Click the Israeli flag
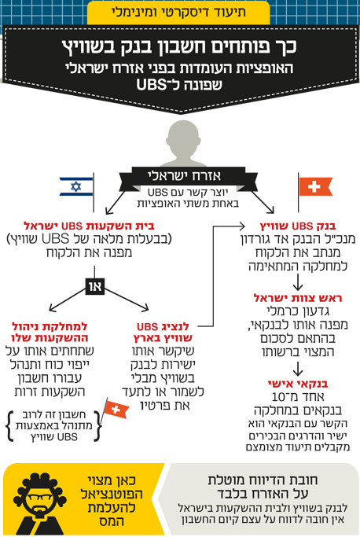coord(76,186)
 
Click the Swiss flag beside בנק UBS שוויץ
coord(315,186)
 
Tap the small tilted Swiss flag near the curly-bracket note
coord(116,409)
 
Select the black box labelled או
coord(94,287)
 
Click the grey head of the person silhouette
coord(184,138)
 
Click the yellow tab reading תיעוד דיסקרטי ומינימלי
coord(178,13)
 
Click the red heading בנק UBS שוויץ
coord(298,226)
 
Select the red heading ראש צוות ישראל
coord(298,298)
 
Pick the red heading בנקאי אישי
coord(298,384)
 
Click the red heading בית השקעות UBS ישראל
coord(89,226)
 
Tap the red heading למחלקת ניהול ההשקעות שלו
coord(50,333)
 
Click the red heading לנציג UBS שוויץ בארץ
coord(163,333)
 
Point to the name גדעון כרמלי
coord(298,311)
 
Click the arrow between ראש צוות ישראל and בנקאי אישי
coord(298,368)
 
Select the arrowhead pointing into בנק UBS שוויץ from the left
coord(242,226)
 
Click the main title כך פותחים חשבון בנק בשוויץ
coord(179,46)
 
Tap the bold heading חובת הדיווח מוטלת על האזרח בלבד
coord(263,487)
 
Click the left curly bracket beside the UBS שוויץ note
coord(10,426)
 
